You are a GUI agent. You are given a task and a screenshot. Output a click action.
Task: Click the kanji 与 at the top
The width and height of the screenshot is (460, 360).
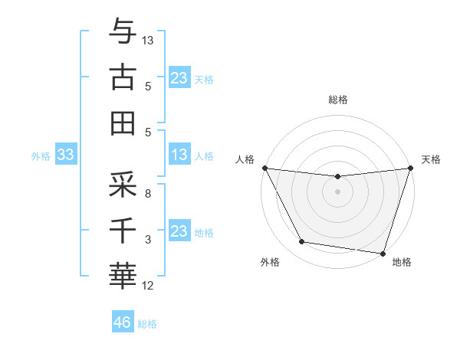coord(123,32)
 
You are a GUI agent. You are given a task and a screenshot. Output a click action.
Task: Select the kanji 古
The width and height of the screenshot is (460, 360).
coord(123,77)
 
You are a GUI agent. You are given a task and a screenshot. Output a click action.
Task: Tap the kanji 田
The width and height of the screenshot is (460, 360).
coord(123,123)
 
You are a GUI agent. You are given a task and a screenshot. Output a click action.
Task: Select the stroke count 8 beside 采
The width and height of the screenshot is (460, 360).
coord(148,195)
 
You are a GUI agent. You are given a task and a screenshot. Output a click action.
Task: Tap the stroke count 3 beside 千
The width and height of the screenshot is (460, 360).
coord(148,240)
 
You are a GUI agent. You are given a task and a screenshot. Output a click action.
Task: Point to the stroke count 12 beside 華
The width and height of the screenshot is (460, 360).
coord(148,286)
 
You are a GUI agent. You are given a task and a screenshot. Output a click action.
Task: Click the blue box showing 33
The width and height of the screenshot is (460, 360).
coord(65,155)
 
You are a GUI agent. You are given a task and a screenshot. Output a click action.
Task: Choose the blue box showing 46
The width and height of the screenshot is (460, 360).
coord(122,322)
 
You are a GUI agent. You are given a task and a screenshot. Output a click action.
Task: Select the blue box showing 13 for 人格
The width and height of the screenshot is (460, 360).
coord(179,155)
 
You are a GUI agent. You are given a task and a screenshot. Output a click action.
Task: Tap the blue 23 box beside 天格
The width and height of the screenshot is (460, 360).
coord(179,78)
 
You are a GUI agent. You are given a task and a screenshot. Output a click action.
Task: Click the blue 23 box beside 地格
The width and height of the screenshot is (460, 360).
coord(179,231)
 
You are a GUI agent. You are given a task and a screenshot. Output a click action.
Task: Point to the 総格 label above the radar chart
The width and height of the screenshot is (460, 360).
coord(337,100)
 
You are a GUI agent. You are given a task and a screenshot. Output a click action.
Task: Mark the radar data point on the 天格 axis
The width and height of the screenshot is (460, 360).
coord(410,168)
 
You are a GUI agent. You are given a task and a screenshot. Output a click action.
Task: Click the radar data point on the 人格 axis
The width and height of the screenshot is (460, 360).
coord(264,168)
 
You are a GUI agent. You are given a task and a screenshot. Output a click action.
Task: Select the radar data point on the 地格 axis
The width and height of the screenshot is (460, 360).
coord(383,253)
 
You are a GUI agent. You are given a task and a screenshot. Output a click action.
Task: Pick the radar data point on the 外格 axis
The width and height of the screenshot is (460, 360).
coord(302,242)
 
